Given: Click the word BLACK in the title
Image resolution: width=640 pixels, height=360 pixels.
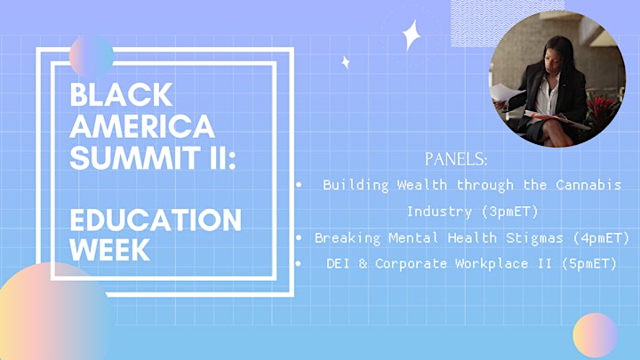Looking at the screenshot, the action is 121,94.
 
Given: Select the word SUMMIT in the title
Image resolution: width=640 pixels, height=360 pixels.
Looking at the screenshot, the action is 135,157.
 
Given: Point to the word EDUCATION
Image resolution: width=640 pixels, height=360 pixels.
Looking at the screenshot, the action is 156,220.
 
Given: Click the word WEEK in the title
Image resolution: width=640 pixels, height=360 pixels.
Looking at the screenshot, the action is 110,249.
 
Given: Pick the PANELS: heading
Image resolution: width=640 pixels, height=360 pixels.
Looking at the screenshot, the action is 456,159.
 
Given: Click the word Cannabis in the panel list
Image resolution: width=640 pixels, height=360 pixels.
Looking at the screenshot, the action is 588,185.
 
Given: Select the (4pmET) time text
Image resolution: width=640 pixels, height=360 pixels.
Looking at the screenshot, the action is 602,237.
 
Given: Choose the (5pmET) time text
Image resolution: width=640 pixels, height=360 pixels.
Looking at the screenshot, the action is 589,264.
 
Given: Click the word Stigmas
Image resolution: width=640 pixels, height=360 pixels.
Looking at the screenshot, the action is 535,237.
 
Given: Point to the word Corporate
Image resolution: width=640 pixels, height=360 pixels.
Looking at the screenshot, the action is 411,264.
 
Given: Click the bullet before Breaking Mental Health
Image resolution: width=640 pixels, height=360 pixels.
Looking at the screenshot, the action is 299,237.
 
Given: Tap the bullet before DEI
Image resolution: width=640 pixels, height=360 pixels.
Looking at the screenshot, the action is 299,264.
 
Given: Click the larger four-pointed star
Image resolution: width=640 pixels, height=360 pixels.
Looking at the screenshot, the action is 411,36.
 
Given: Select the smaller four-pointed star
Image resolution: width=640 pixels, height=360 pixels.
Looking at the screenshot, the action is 346,62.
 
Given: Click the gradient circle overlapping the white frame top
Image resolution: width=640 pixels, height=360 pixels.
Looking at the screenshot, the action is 92,56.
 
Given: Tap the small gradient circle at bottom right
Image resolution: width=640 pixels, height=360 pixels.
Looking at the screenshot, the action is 595,335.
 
